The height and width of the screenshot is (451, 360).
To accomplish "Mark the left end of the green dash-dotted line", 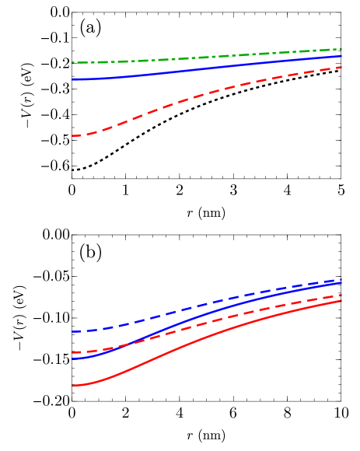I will click(72, 62).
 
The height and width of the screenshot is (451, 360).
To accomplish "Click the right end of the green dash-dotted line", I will click(342, 48).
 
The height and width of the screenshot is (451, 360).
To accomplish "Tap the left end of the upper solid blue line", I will click(72, 79).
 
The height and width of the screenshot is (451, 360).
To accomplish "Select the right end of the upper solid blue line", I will click(342, 55).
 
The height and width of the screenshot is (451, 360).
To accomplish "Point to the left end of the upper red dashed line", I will click(72, 136).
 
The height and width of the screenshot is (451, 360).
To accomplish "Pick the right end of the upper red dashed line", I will click(342, 67).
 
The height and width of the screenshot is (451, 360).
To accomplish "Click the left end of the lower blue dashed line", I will click(72, 332).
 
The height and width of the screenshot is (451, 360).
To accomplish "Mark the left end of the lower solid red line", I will click(72, 386).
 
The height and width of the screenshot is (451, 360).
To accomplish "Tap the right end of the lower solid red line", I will click(342, 301).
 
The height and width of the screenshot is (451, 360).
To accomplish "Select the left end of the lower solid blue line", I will click(72, 358).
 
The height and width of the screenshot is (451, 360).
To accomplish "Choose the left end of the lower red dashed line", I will click(72, 353).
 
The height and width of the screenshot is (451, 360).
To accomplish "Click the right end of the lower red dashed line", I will click(342, 295).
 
